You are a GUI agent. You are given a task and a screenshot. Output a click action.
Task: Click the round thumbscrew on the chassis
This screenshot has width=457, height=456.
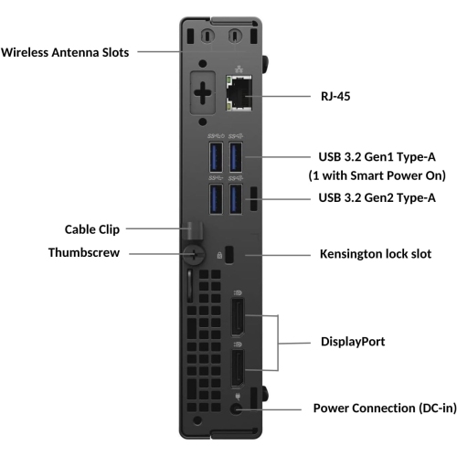[191, 253]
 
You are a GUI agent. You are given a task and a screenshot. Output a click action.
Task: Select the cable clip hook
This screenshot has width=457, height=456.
[194, 227]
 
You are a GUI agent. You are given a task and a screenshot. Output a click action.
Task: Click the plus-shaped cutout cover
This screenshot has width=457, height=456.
[203, 92]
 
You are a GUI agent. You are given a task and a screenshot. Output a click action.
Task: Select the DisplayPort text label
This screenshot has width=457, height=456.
[352, 342]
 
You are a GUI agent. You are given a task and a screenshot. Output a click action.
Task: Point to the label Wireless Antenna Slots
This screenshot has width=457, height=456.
[66, 52]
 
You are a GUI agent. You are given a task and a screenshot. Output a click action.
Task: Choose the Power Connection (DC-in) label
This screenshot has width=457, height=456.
[383, 408]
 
